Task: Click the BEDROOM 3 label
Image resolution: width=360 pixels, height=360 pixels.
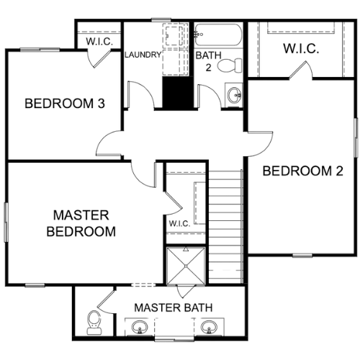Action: click(65, 104)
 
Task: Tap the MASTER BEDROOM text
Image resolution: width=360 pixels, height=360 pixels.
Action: click(81, 223)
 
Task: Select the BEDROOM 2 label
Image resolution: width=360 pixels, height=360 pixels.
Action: click(303, 171)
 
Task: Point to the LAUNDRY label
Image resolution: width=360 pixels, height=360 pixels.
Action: click(143, 55)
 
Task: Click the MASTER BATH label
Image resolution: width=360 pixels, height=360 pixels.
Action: click(174, 307)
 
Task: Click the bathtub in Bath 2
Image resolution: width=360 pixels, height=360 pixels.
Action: click(217, 35)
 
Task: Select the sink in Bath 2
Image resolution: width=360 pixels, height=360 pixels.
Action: click(234, 94)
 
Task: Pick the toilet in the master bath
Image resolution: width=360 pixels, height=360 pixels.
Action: click(94, 323)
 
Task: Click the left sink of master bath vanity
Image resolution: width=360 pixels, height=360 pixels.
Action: click(140, 327)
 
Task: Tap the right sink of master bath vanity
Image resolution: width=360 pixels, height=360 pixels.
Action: click(209, 327)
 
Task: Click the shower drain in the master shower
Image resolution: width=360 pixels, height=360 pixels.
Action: click(186, 266)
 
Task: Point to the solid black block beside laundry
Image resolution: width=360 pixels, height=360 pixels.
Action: click(178, 92)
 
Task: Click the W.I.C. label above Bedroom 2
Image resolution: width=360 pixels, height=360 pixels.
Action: click(301, 48)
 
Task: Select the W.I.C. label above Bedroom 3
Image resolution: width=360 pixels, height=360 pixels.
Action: click(99, 42)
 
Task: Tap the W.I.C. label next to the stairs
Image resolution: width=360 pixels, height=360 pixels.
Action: click(179, 224)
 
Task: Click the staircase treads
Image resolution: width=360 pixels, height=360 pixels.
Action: click(225, 227)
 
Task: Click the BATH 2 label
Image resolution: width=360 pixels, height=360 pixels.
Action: click(208, 61)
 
